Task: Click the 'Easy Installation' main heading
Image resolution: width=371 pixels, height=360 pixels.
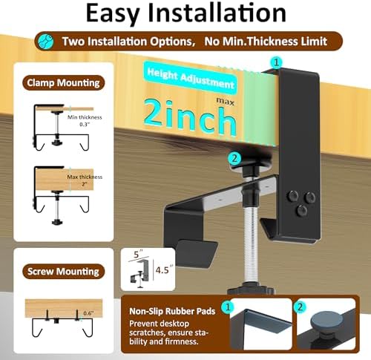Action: click(x=186, y=13)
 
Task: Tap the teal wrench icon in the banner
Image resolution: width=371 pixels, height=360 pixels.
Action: click(x=46, y=41)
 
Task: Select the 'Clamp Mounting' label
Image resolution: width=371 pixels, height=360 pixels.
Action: click(x=63, y=83)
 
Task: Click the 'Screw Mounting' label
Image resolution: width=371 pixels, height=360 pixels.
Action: click(x=63, y=272)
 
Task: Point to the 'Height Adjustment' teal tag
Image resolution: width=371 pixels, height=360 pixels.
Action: click(x=191, y=79)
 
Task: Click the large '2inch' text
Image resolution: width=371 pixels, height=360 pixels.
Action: click(x=190, y=117)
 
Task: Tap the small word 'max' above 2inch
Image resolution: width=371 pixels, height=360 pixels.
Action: click(x=225, y=101)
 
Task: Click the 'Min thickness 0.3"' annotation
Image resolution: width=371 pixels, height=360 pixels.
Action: click(x=85, y=121)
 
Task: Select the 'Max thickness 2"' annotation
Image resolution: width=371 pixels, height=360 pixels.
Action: click(x=85, y=180)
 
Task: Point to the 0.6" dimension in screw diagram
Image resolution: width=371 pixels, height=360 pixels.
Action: click(x=88, y=313)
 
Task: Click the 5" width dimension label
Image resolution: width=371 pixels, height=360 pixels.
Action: click(x=137, y=254)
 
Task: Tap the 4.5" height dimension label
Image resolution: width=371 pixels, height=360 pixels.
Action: click(x=164, y=269)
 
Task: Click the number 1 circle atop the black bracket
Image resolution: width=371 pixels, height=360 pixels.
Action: click(x=276, y=62)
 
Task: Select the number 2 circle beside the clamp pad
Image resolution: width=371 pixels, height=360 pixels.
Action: click(x=234, y=158)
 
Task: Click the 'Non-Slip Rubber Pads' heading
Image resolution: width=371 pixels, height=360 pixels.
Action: click(x=172, y=311)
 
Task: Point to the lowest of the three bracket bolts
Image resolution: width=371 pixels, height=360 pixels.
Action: click(x=301, y=211)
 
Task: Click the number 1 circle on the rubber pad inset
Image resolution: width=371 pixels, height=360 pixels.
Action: click(x=228, y=307)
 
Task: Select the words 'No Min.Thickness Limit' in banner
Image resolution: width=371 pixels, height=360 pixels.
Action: click(x=266, y=42)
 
